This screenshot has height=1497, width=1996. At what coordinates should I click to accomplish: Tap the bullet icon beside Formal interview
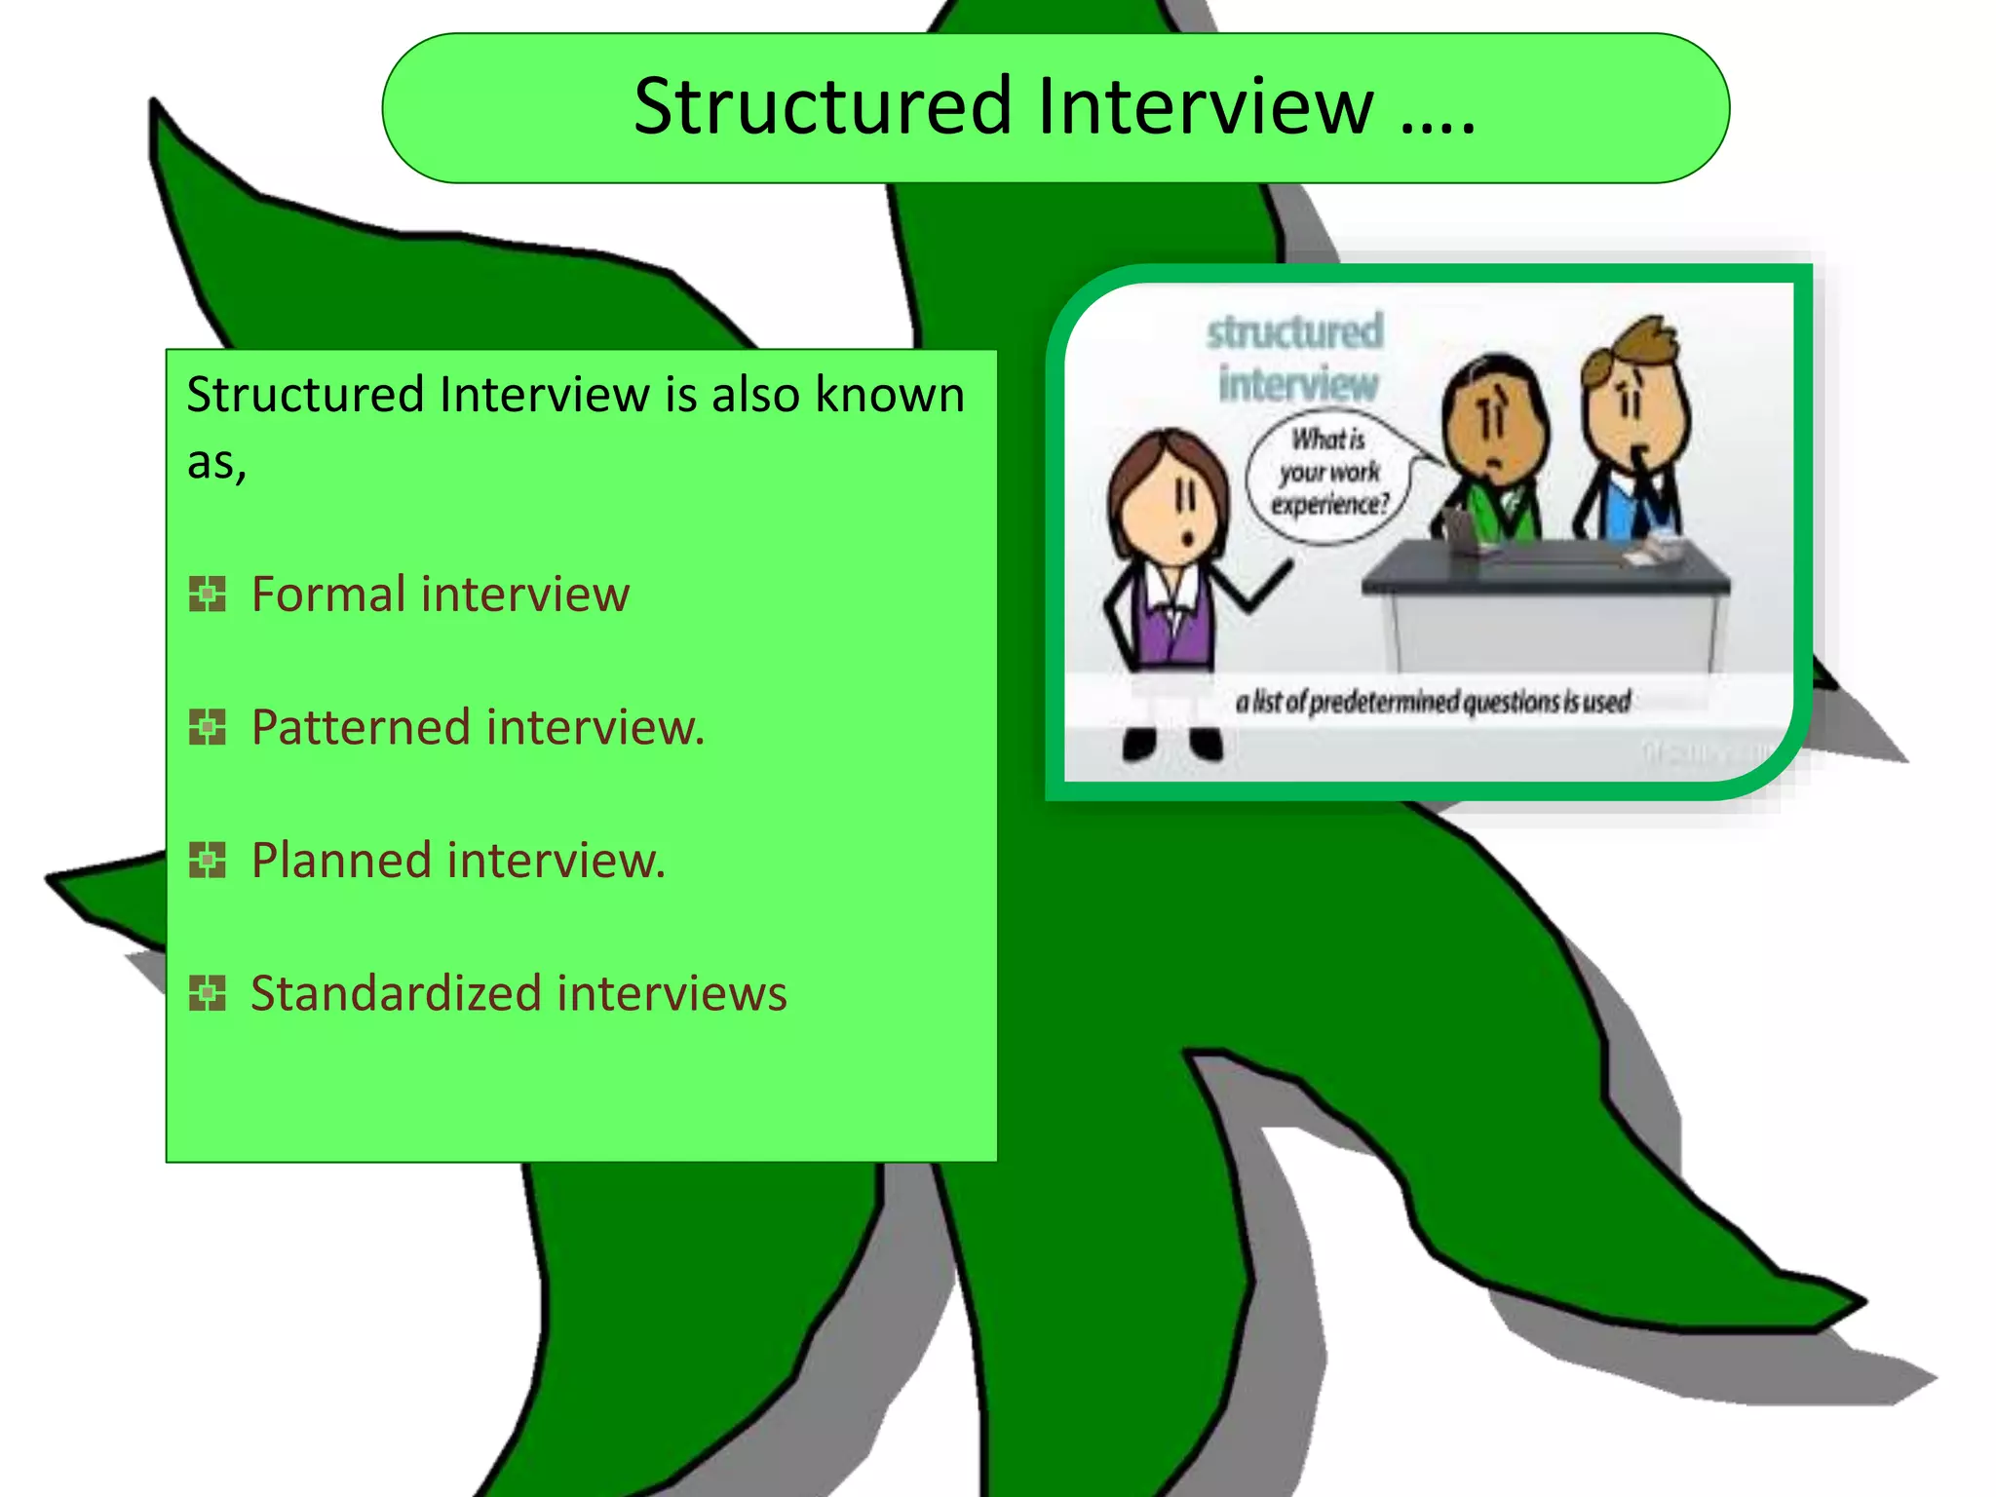click(x=207, y=594)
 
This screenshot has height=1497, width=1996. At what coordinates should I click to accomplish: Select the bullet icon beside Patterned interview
click(x=207, y=727)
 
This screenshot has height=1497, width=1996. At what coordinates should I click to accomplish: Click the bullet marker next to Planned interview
click(x=207, y=860)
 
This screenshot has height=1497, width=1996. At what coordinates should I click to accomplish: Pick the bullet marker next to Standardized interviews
click(x=207, y=993)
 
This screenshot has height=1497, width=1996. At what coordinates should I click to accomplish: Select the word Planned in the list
click(x=341, y=860)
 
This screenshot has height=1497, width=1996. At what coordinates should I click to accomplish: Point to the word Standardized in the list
click(x=396, y=993)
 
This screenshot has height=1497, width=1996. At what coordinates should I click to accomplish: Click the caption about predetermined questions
click(x=1433, y=702)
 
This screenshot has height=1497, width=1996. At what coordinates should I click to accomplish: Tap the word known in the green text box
click(x=889, y=395)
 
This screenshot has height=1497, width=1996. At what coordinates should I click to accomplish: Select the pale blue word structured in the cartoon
click(x=1294, y=331)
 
